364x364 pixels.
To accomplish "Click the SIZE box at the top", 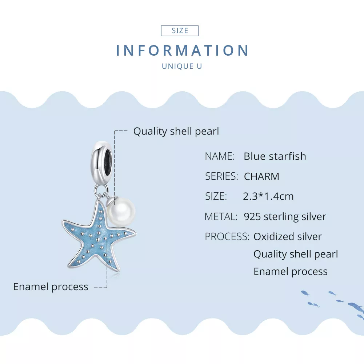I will tap(180, 31).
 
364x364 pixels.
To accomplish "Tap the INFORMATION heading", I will tap(182, 51).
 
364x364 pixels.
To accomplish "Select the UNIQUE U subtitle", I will tap(182, 66).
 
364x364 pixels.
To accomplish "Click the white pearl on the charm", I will tap(124, 211).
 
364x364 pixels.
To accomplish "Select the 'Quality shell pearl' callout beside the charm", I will tap(176, 131).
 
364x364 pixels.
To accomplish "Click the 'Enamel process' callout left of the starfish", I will tap(51, 287).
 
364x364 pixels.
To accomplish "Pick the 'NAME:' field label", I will tap(220, 156).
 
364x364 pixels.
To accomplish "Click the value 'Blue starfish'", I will tap(275, 156).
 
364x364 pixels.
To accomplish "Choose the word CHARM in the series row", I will tap(261, 177).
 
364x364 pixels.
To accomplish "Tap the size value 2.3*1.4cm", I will tap(268, 197).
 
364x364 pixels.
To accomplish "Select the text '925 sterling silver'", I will tap(285, 217).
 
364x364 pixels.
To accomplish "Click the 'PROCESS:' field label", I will tap(227, 237).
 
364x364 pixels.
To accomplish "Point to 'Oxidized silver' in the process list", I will tap(287, 237).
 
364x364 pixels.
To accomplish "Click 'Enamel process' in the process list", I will tap(290, 272).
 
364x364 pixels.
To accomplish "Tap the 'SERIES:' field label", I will tap(221, 176).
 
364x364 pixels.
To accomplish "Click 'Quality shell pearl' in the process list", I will tap(296, 254).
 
